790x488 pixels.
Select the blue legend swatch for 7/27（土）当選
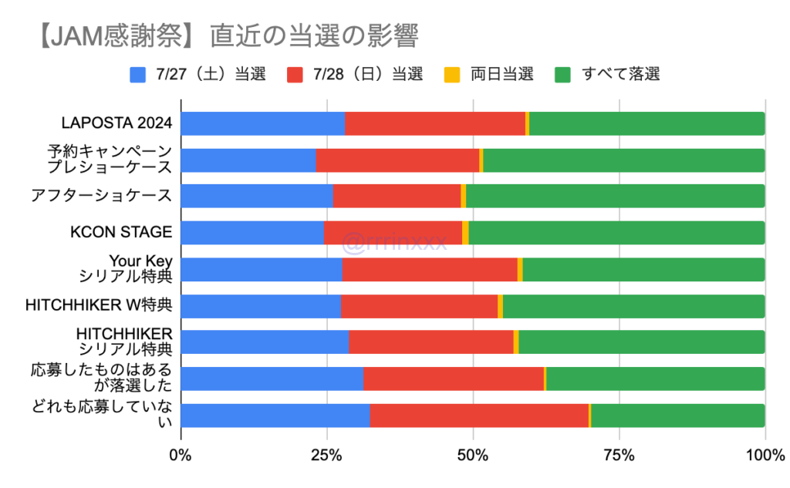pos(138,75)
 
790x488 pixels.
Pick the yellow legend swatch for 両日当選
pos(452,75)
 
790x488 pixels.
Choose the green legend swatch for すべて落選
pos(563,75)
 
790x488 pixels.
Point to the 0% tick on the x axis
pos(181,456)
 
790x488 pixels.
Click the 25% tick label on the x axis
pos(326,456)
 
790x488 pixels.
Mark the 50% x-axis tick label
pos(472,456)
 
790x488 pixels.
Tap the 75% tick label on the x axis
pos(619,456)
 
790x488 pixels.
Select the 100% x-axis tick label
pos(764,456)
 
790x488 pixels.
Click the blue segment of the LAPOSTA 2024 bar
pos(262,123)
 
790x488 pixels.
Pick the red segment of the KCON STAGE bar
pos(393,233)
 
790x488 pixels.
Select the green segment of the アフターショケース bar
pos(615,196)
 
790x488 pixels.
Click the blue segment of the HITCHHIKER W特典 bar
pos(260,305)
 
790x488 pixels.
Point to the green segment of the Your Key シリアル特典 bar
pos(643,269)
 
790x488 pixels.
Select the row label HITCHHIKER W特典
pos(99,305)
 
